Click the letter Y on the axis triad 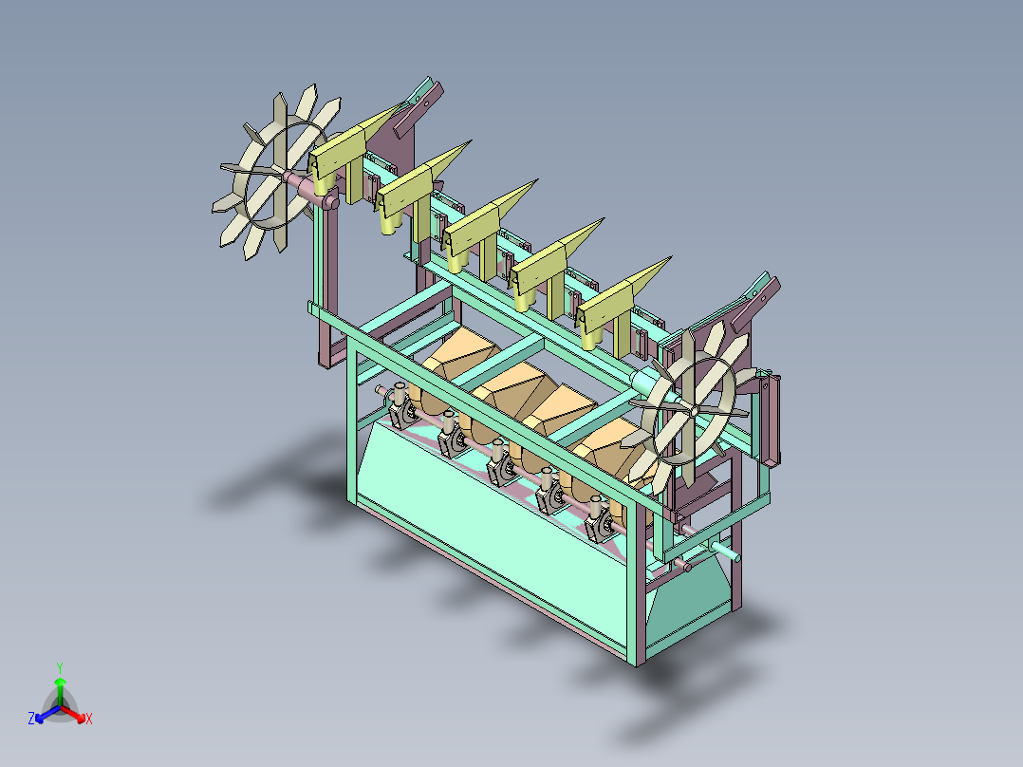pos(60,667)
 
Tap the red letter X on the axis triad pos(89,719)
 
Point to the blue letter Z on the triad pos(31,718)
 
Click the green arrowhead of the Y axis pos(60,682)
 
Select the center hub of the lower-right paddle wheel pos(695,411)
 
